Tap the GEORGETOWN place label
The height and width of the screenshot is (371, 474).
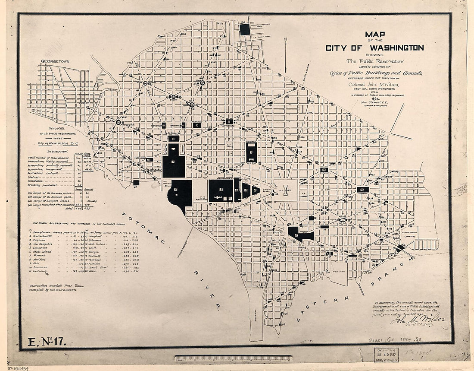(x=55, y=62)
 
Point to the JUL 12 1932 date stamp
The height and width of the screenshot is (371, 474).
(x=387, y=354)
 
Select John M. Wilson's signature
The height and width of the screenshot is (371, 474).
(x=418, y=320)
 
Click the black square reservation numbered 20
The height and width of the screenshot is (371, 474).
(x=245, y=29)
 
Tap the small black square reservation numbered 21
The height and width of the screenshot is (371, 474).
(x=136, y=183)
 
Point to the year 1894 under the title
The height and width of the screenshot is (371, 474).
(x=374, y=98)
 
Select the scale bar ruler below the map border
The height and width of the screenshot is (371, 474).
(x=233, y=358)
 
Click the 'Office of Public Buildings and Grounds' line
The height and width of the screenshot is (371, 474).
(x=375, y=73)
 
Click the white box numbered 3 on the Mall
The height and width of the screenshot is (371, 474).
(x=221, y=190)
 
